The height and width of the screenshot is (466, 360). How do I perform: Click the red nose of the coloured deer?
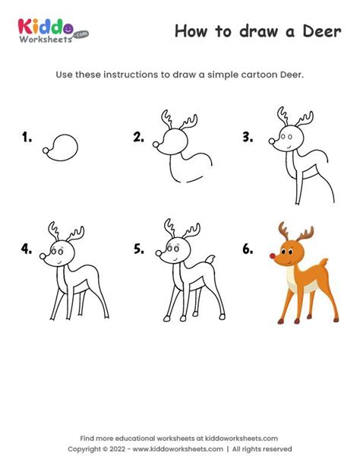(273, 256)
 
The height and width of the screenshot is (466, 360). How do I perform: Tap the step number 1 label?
(27, 138)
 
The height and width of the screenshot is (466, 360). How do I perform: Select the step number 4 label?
(27, 249)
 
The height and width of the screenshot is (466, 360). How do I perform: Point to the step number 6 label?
(248, 249)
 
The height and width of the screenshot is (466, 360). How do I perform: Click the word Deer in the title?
(322, 31)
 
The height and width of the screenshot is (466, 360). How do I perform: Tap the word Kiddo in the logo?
(46, 27)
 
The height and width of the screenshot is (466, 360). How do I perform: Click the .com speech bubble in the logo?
(81, 34)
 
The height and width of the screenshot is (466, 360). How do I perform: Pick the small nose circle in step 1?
(46, 151)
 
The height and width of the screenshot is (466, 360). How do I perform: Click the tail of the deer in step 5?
(210, 259)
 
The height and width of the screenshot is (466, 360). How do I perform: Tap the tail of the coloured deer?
(324, 262)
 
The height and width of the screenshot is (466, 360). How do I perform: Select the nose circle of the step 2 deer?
(156, 144)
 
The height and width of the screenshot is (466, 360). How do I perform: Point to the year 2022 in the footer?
(117, 449)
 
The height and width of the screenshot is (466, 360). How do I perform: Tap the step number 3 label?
(248, 138)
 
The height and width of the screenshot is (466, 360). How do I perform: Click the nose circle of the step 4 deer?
(43, 256)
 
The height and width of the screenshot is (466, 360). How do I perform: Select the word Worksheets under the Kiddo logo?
(46, 40)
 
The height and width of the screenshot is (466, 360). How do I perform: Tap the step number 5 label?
(139, 249)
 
